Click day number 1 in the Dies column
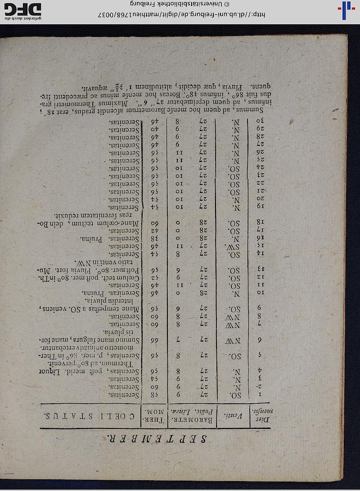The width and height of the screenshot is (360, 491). click(261, 395)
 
